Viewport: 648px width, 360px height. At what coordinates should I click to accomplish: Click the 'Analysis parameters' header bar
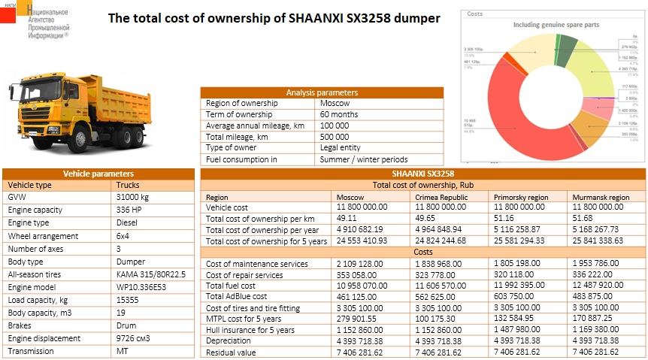322,92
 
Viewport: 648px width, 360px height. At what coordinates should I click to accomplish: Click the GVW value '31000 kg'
133,196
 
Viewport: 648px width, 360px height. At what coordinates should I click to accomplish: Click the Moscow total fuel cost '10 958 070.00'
362,286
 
